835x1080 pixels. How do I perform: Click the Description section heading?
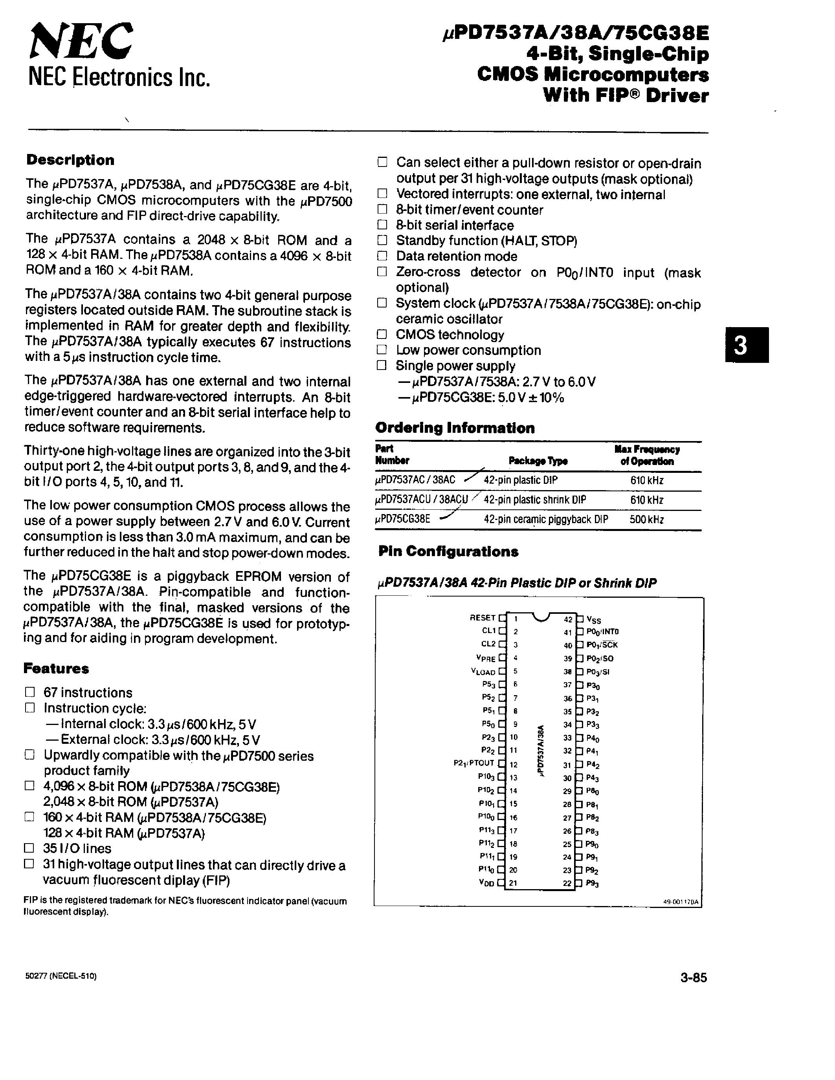click(70, 160)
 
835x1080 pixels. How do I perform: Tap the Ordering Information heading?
click(455, 428)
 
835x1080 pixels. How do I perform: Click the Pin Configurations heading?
click(448, 552)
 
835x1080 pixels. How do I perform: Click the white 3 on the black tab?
click(741, 346)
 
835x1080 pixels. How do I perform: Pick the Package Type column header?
click(538, 461)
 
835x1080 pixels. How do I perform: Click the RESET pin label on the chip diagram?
click(482, 618)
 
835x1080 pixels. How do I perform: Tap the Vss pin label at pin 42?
click(594, 620)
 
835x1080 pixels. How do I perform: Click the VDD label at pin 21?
click(487, 884)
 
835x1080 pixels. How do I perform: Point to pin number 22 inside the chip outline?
click(567, 884)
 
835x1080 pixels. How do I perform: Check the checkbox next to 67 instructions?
click(30, 692)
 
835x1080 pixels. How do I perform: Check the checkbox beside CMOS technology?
click(382, 334)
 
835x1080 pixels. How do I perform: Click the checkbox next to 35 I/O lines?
click(30, 849)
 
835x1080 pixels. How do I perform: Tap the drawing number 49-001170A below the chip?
click(680, 901)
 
